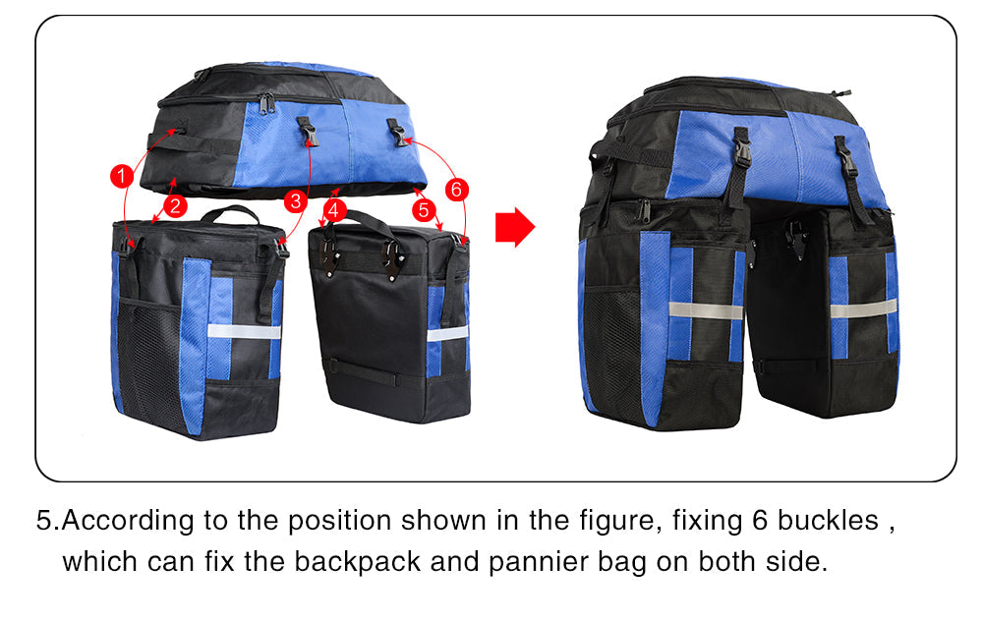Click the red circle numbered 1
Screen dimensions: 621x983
point(120,176)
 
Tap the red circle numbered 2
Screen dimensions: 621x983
point(175,205)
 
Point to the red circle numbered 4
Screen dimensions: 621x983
point(334,209)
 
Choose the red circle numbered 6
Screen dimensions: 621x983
point(457,188)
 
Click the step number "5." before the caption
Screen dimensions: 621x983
point(48,521)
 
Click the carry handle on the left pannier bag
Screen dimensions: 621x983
point(230,213)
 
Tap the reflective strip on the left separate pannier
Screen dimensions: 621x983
point(244,331)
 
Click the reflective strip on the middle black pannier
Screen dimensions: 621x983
point(447,334)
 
